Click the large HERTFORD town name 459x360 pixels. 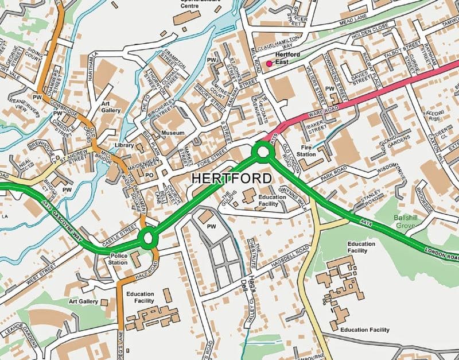[x=231, y=179]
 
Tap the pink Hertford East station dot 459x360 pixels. [x=269, y=64]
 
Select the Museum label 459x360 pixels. [x=173, y=133]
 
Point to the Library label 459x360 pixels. [x=125, y=146]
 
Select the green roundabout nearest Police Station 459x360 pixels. [x=148, y=236]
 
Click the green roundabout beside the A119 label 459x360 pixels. [x=263, y=152]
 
